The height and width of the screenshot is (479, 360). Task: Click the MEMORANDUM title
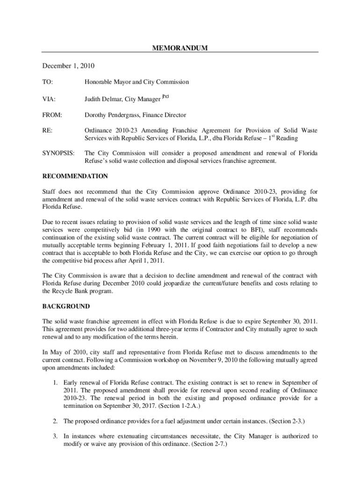180,48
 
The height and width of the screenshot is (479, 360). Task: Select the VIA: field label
49,99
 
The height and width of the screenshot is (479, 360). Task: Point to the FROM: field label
52,115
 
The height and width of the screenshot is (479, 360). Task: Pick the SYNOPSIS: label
58,153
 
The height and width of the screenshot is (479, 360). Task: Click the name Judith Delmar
103,99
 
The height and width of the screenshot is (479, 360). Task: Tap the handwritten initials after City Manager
165,96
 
